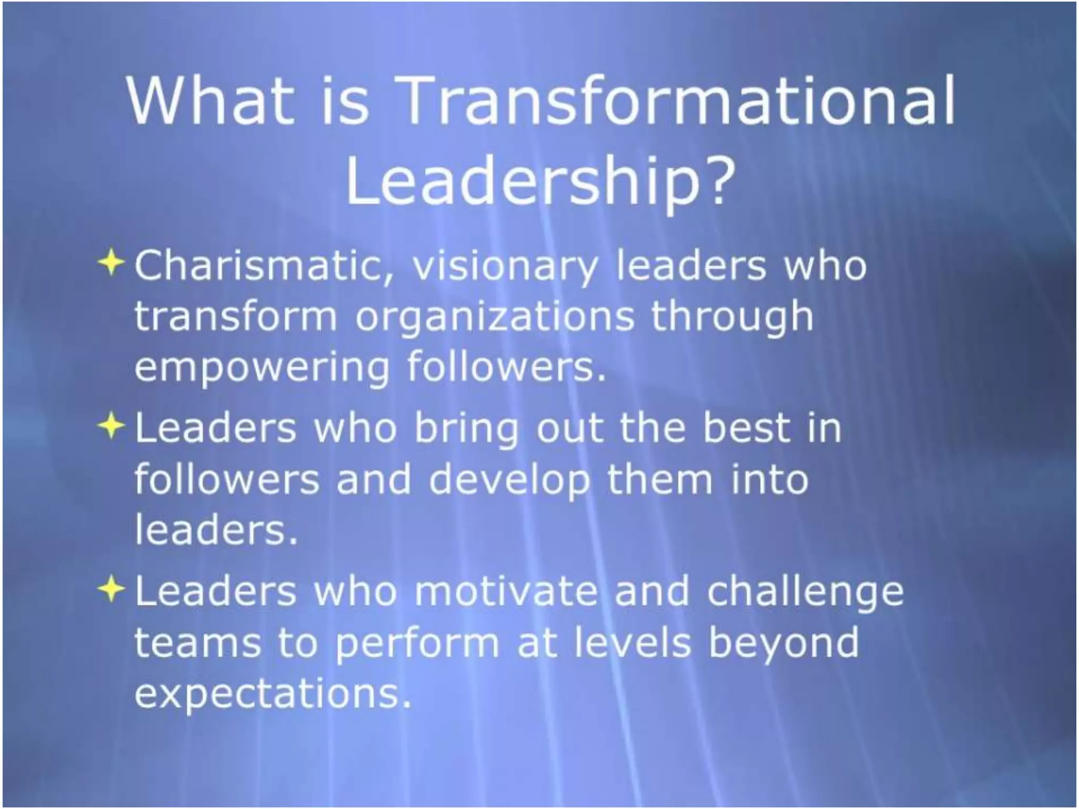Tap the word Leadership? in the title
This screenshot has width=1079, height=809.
tap(539, 182)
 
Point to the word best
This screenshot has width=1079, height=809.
tap(747, 428)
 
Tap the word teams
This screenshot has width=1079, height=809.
tap(198, 644)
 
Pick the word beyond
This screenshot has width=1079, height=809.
tap(784, 644)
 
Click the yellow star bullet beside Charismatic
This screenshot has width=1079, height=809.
tap(111, 262)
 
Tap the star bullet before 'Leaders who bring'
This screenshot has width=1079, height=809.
tap(111, 426)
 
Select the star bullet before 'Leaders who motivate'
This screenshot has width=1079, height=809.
tap(111, 589)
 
